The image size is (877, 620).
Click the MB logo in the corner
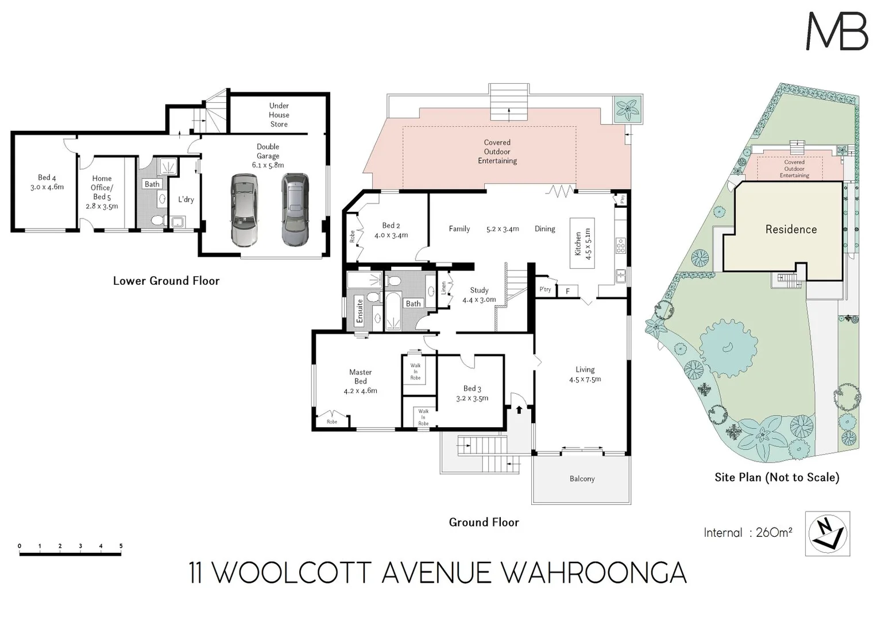[837, 32]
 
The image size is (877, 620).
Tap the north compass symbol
[827, 533]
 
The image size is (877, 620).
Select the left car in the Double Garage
[244, 210]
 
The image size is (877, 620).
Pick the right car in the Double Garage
[295, 210]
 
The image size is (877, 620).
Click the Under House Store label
[279, 115]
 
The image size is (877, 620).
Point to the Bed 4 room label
[47, 182]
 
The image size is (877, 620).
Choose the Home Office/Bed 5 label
[102, 192]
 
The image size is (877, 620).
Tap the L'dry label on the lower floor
[186, 200]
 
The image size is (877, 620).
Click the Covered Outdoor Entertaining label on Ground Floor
[497, 152]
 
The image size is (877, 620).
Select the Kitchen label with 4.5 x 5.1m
[582, 244]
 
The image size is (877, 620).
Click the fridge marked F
[567, 292]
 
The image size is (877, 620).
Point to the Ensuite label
[360, 311]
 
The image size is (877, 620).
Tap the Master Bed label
[361, 381]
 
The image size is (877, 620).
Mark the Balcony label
[582, 479]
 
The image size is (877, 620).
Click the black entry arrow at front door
[519, 410]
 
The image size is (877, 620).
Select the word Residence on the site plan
[791, 230]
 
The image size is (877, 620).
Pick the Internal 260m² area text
[748, 533]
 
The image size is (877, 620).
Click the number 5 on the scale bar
[121, 546]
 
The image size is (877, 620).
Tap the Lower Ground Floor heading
[166, 281]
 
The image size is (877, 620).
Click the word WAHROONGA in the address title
[594, 573]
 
